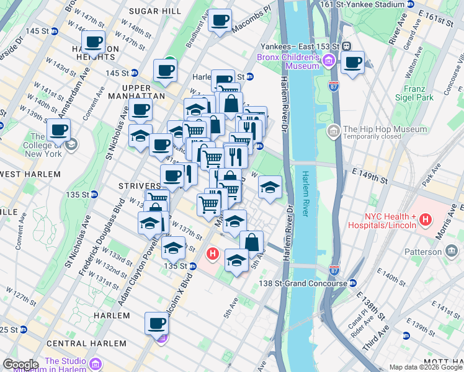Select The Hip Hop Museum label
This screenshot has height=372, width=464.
385,130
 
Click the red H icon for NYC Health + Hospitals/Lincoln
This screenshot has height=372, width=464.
425,219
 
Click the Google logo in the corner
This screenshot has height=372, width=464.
20,365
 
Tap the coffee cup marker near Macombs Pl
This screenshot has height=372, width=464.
220,20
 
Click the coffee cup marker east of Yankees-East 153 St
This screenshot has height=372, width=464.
352,62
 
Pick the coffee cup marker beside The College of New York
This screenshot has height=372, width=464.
59,130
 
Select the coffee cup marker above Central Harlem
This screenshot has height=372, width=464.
156,323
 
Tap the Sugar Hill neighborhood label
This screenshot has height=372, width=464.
154,11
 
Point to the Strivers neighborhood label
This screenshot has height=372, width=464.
140,186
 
